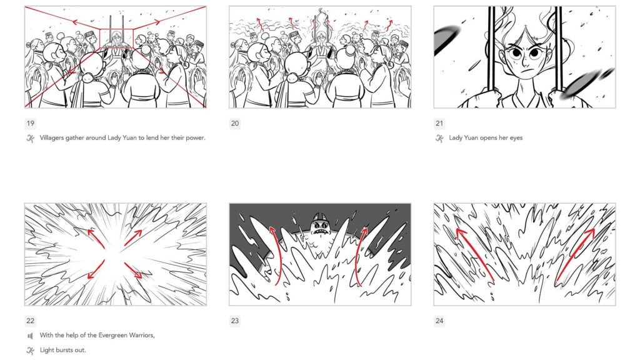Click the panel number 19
pos(30,123)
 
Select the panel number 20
pos(235,123)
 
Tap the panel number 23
pos(235,321)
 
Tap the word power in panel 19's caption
pos(194,138)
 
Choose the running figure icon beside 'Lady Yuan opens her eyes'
pos(440,138)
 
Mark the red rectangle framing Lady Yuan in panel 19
pos(116,38)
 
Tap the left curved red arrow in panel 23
pos(274,256)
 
